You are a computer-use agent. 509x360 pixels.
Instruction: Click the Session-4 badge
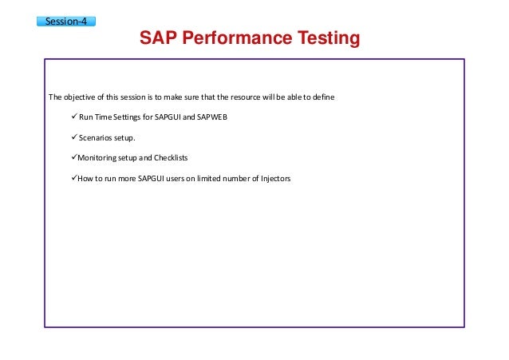[66, 21]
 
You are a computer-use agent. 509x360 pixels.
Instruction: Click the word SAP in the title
[158, 38]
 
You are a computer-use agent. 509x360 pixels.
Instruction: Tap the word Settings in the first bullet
[133, 118]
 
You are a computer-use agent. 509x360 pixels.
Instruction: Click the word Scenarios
[96, 138]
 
